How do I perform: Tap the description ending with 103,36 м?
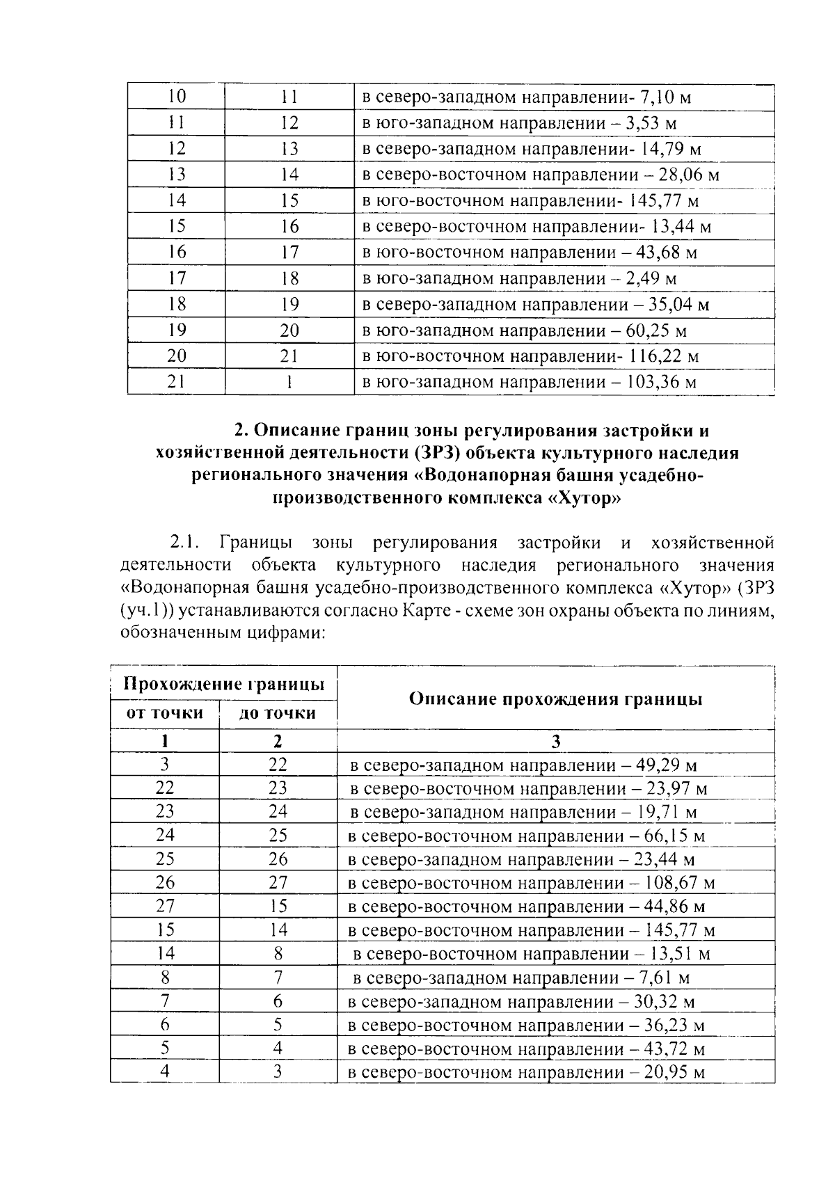coord(529,382)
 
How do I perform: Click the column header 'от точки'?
coord(164,712)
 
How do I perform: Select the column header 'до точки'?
coord(278,712)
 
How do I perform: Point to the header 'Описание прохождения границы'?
coord(555,699)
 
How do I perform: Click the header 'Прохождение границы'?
coord(224,684)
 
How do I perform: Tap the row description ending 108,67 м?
coord(531,883)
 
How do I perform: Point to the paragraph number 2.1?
coord(185,542)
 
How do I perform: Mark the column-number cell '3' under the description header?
coord(555,741)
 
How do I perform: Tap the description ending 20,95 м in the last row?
coord(527,1071)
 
